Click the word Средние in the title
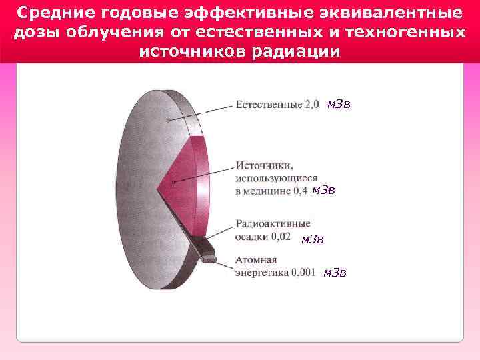click(x=48, y=13)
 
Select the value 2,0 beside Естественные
click(x=312, y=105)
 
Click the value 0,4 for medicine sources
click(x=300, y=191)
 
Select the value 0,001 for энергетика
click(x=303, y=273)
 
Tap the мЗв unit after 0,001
click(x=335, y=272)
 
